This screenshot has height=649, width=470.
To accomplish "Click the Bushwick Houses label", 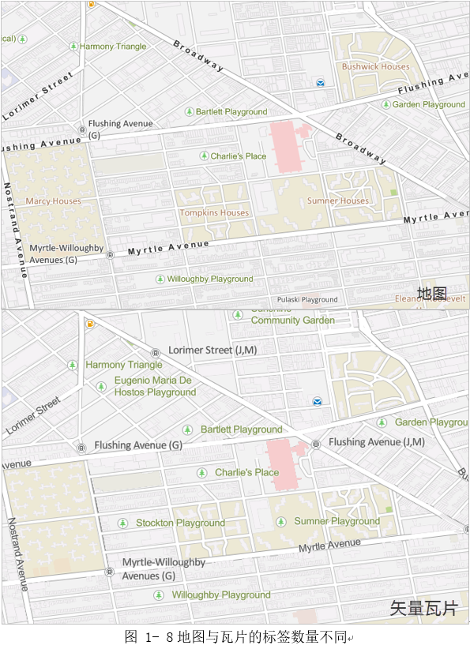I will pyautogui.click(x=375, y=67).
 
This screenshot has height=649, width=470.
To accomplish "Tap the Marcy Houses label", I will pyautogui.click(x=53, y=201).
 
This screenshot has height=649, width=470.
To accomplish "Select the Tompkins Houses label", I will pyautogui.click(x=213, y=213).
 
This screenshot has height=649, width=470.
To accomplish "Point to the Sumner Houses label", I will pyautogui.click(x=337, y=201).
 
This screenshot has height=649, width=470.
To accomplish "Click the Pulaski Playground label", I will pyautogui.click(x=307, y=300).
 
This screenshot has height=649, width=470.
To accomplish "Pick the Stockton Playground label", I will pyautogui.click(x=180, y=523).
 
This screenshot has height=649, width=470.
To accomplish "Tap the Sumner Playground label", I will pyautogui.click(x=337, y=521).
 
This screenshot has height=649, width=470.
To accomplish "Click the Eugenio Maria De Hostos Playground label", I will pyautogui.click(x=155, y=386).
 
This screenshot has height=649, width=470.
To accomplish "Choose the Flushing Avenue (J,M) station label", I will pyautogui.click(x=377, y=442).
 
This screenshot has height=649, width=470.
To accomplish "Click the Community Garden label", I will pyautogui.click(x=292, y=321).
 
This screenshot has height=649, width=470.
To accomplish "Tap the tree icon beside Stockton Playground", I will pyautogui.click(x=123, y=523).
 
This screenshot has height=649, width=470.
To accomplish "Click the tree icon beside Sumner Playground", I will pyautogui.click(x=281, y=522).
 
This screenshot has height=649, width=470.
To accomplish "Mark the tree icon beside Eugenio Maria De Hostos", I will pyautogui.click(x=101, y=386).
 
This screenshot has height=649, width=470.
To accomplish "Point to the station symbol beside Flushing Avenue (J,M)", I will pyautogui.click(x=316, y=445).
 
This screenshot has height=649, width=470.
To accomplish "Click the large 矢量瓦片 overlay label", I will pyautogui.click(x=423, y=609).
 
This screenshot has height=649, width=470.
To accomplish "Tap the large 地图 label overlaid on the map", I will pyautogui.click(x=432, y=294).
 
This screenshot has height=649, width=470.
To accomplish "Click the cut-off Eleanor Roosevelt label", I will pyautogui.click(x=431, y=299).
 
